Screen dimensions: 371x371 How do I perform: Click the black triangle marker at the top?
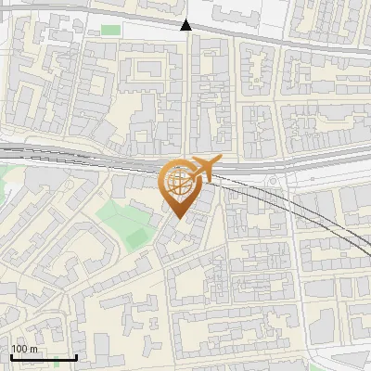pyautogui.click(x=186, y=25)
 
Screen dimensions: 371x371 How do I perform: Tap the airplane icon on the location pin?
pyautogui.click(x=203, y=169)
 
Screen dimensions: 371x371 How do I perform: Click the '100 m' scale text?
pyautogui.click(x=24, y=349)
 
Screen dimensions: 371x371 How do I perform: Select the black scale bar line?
pyautogui.click(x=44, y=357)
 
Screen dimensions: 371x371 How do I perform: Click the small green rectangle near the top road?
pyautogui.click(x=110, y=31)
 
